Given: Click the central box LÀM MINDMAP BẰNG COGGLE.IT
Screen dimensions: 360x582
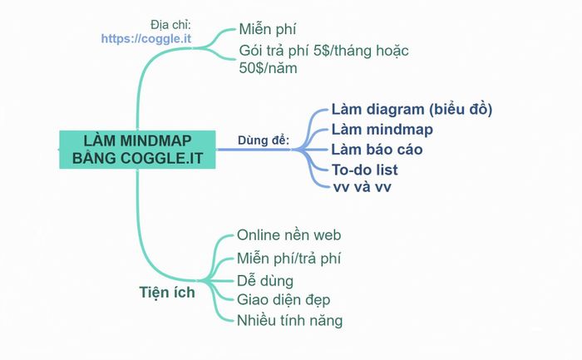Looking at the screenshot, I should [x=136, y=149].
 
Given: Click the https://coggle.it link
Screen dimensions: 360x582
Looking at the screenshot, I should [x=146, y=38].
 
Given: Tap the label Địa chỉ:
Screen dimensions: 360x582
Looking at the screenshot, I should [x=170, y=23].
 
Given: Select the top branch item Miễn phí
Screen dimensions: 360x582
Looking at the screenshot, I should [x=269, y=30].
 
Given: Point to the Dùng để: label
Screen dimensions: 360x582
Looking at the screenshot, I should [x=264, y=140].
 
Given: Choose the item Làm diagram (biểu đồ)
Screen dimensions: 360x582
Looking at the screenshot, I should [x=412, y=109].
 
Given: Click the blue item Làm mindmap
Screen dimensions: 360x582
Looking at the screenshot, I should [x=382, y=129].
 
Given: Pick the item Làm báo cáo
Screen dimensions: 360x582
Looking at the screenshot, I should [x=377, y=150].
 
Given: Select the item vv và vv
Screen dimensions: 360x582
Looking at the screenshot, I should [x=362, y=187].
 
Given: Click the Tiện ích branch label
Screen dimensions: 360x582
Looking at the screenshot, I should [x=167, y=292].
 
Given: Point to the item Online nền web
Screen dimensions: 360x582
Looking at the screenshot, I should [x=289, y=235].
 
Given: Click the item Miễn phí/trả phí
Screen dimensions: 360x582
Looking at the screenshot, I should [x=289, y=258].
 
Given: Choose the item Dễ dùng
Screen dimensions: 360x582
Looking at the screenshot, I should [x=265, y=281].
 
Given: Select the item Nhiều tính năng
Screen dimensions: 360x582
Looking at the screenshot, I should [x=290, y=320].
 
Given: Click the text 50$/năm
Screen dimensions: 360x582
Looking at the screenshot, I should [x=268, y=68].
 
